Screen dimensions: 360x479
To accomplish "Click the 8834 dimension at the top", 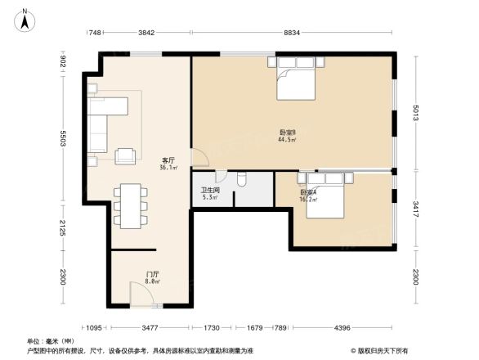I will pyautogui.click(x=292, y=32).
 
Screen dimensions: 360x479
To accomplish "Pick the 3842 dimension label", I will pyautogui.click(x=146, y=32).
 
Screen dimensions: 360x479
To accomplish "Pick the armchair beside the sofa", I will pyautogui.click(x=126, y=155).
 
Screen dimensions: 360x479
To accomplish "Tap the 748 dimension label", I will pyautogui.click(x=95, y=32).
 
